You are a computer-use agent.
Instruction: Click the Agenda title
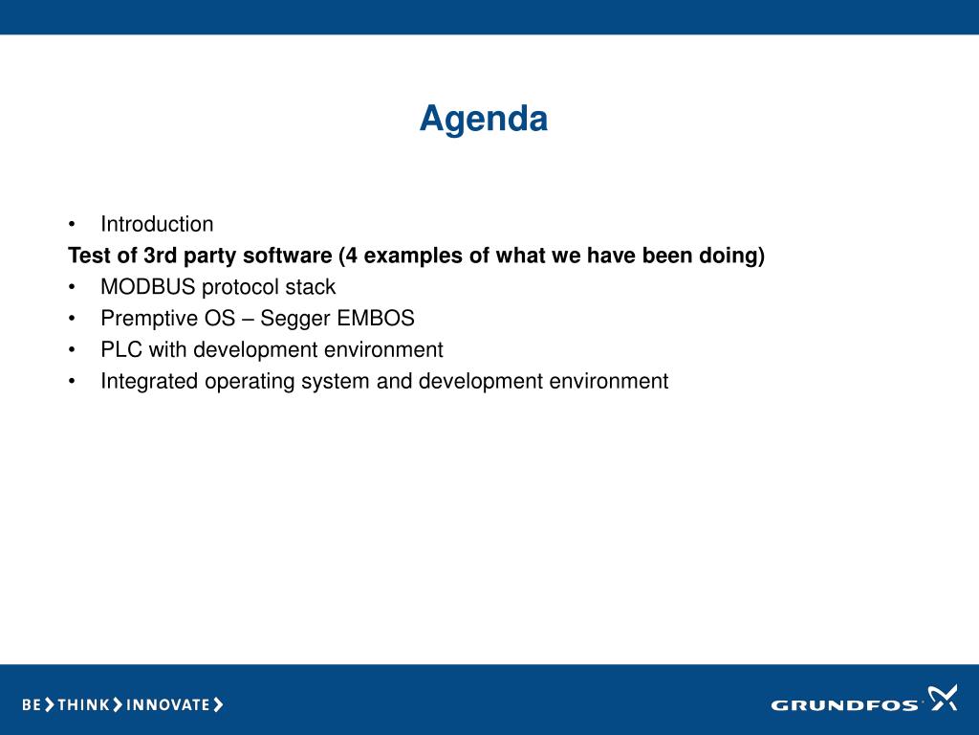click(x=483, y=119)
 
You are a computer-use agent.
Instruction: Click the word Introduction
click(x=157, y=224)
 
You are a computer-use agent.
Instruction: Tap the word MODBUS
click(x=148, y=287)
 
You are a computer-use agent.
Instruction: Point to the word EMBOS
click(x=375, y=318)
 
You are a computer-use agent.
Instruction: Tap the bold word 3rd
click(x=160, y=255)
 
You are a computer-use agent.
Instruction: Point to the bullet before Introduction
click(x=72, y=224)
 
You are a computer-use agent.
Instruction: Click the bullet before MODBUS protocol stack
click(x=72, y=287)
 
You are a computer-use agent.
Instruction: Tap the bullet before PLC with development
click(x=72, y=350)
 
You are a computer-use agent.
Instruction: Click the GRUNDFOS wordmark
click(x=844, y=705)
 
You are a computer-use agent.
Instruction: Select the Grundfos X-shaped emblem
click(x=942, y=698)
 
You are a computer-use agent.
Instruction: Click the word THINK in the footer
click(x=83, y=705)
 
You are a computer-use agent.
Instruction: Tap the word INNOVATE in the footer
click(x=168, y=705)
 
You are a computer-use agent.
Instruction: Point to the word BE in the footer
click(x=32, y=705)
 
